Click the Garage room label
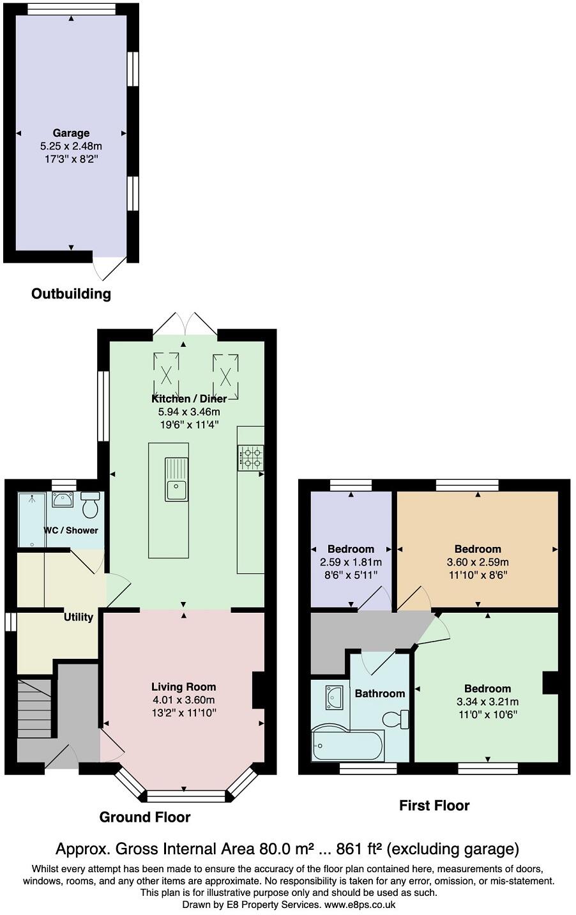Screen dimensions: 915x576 71,133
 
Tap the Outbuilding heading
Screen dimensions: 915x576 71,294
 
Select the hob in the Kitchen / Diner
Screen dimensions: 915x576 251,457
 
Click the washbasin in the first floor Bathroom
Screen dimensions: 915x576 334,697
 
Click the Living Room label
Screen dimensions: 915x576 184,687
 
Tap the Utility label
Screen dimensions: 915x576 79,617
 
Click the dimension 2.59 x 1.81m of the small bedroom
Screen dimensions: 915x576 351,562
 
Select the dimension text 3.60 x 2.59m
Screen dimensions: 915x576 478,562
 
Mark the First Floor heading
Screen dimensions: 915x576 434,806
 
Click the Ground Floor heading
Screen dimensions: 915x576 145,817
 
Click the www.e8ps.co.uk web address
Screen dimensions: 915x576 360,905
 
